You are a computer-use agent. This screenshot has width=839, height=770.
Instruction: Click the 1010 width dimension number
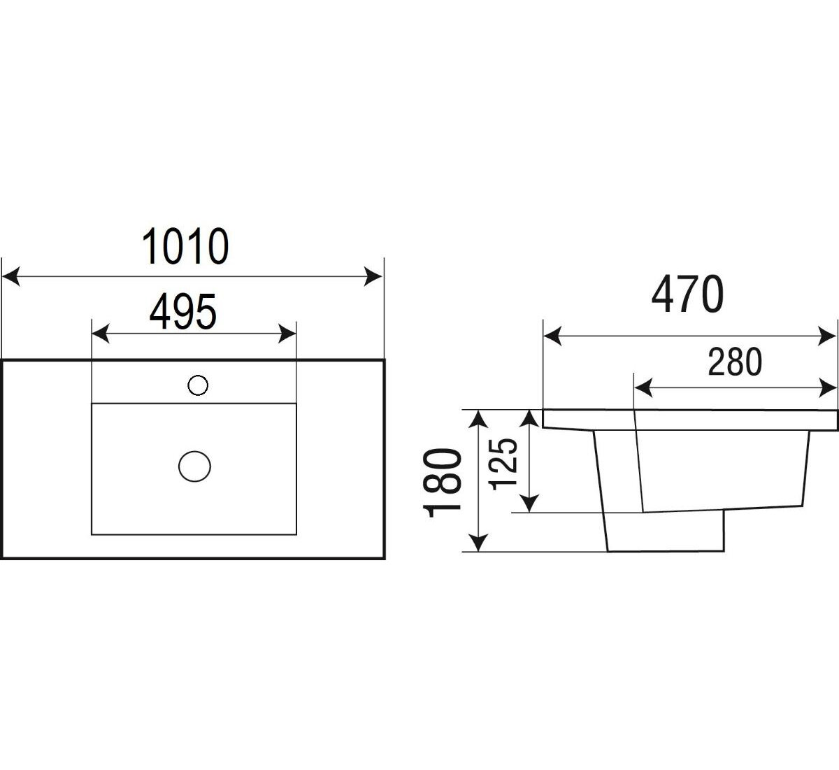[x=185, y=247]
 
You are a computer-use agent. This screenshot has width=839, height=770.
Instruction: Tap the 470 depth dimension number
[x=687, y=295]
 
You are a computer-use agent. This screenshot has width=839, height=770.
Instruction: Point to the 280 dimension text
[x=734, y=362]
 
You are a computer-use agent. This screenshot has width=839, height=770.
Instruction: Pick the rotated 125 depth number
[x=505, y=463]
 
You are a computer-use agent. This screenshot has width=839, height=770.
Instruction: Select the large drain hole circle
[x=194, y=466]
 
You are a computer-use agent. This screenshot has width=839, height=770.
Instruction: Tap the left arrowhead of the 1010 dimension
[x=10, y=277]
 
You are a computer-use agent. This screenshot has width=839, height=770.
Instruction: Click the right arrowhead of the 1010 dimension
[x=375, y=277]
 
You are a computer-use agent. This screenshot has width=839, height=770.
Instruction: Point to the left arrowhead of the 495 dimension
[x=101, y=334]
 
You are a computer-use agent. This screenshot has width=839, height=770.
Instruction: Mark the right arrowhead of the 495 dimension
[x=288, y=334]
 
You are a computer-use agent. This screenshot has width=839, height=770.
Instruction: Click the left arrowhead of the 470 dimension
[x=552, y=338]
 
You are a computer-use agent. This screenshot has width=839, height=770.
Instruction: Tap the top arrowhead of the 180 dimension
[x=478, y=419]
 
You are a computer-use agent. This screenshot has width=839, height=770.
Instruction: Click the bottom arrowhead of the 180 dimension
[x=478, y=543]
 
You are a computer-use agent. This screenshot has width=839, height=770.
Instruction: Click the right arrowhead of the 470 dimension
[x=829, y=338]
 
